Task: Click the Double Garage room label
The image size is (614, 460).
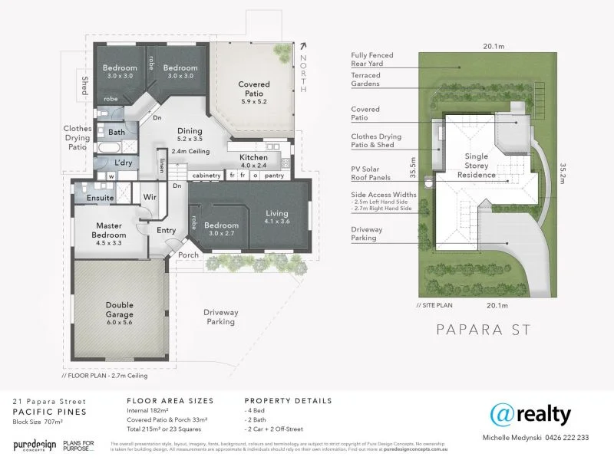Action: coord(119,309)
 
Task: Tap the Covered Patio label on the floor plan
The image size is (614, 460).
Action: coord(253,89)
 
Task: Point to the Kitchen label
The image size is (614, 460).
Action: coord(253,158)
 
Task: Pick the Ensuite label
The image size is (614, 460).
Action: coord(100,198)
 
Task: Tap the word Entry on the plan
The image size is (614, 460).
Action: coord(167,230)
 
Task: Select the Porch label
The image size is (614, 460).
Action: coord(188,255)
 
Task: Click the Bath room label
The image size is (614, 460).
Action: coord(116,133)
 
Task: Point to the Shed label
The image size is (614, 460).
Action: coord(84,86)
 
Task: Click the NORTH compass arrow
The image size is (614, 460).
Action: coord(304,47)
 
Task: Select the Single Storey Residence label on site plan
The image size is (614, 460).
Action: coord(476,165)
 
